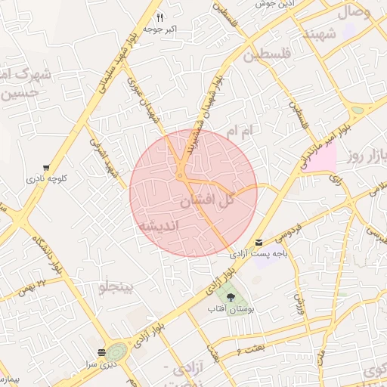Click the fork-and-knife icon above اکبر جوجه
pos(159,17)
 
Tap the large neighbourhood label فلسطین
pos(266,54)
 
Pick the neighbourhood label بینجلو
pos(116,287)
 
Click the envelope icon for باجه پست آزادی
pos(260,243)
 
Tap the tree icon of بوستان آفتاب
pos(231,297)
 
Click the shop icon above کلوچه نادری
pos(47,168)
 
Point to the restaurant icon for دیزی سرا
pos(101,352)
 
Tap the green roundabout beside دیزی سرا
pos(116,352)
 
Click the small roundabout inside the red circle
pos(181,177)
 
